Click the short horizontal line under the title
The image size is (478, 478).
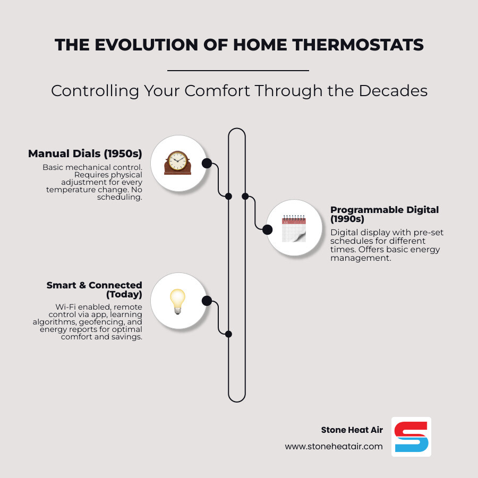click(x=238, y=70)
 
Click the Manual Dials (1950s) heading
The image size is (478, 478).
click(x=85, y=154)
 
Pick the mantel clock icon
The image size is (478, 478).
click(x=177, y=163)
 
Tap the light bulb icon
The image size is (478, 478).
click(x=177, y=301)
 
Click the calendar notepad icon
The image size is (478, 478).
click(x=293, y=228)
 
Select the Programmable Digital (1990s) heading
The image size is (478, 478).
click(x=385, y=214)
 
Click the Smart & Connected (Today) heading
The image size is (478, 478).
click(x=94, y=289)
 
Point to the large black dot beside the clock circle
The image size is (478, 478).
click(x=207, y=163)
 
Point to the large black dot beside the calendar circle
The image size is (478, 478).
click(x=267, y=229)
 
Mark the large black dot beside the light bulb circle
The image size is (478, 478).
click(x=207, y=301)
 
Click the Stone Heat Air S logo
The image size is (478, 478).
click(x=411, y=437)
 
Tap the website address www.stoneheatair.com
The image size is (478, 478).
click(x=334, y=447)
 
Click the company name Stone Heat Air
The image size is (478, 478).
click(x=352, y=430)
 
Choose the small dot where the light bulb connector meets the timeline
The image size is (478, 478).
click(x=228, y=334)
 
